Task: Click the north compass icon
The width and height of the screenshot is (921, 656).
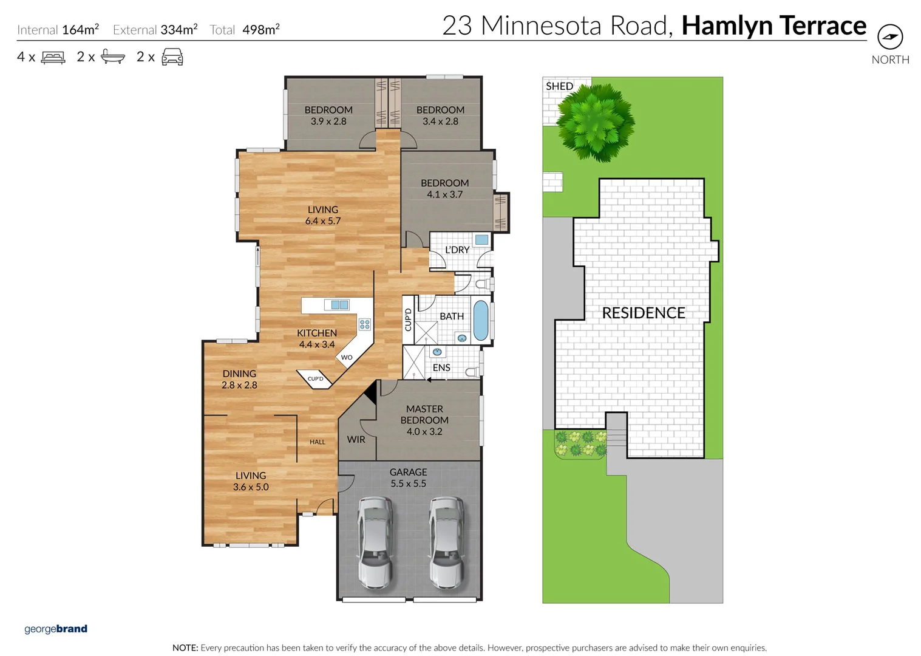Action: point(889,37)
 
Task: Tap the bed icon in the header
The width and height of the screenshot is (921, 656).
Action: point(53,58)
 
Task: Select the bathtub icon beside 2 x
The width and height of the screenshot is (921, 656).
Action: point(112,57)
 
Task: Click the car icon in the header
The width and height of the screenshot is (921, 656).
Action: point(172,57)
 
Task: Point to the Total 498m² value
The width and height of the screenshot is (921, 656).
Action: point(260,30)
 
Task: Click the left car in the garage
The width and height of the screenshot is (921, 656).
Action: point(375,542)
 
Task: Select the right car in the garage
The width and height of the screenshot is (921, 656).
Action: point(446,542)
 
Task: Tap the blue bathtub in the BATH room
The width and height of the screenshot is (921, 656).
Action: point(480,320)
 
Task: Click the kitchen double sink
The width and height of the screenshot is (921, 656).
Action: point(336,305)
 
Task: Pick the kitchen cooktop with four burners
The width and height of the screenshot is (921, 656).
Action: point(364,324)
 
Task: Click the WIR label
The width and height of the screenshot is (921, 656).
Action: point(356,439)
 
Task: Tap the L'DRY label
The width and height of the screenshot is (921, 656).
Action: point(457,250)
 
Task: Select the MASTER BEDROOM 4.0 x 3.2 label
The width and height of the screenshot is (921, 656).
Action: point(424,420)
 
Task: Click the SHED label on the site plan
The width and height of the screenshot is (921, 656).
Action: point(559,86)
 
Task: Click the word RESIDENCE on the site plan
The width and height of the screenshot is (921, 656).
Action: point(643,313)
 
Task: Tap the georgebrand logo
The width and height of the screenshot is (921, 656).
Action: point(56,629)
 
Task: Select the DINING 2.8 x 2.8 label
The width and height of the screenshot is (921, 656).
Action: point(239,379)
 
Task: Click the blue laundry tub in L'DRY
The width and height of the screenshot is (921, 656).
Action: point(481,240)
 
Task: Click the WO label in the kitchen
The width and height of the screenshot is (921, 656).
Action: point(347,357)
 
